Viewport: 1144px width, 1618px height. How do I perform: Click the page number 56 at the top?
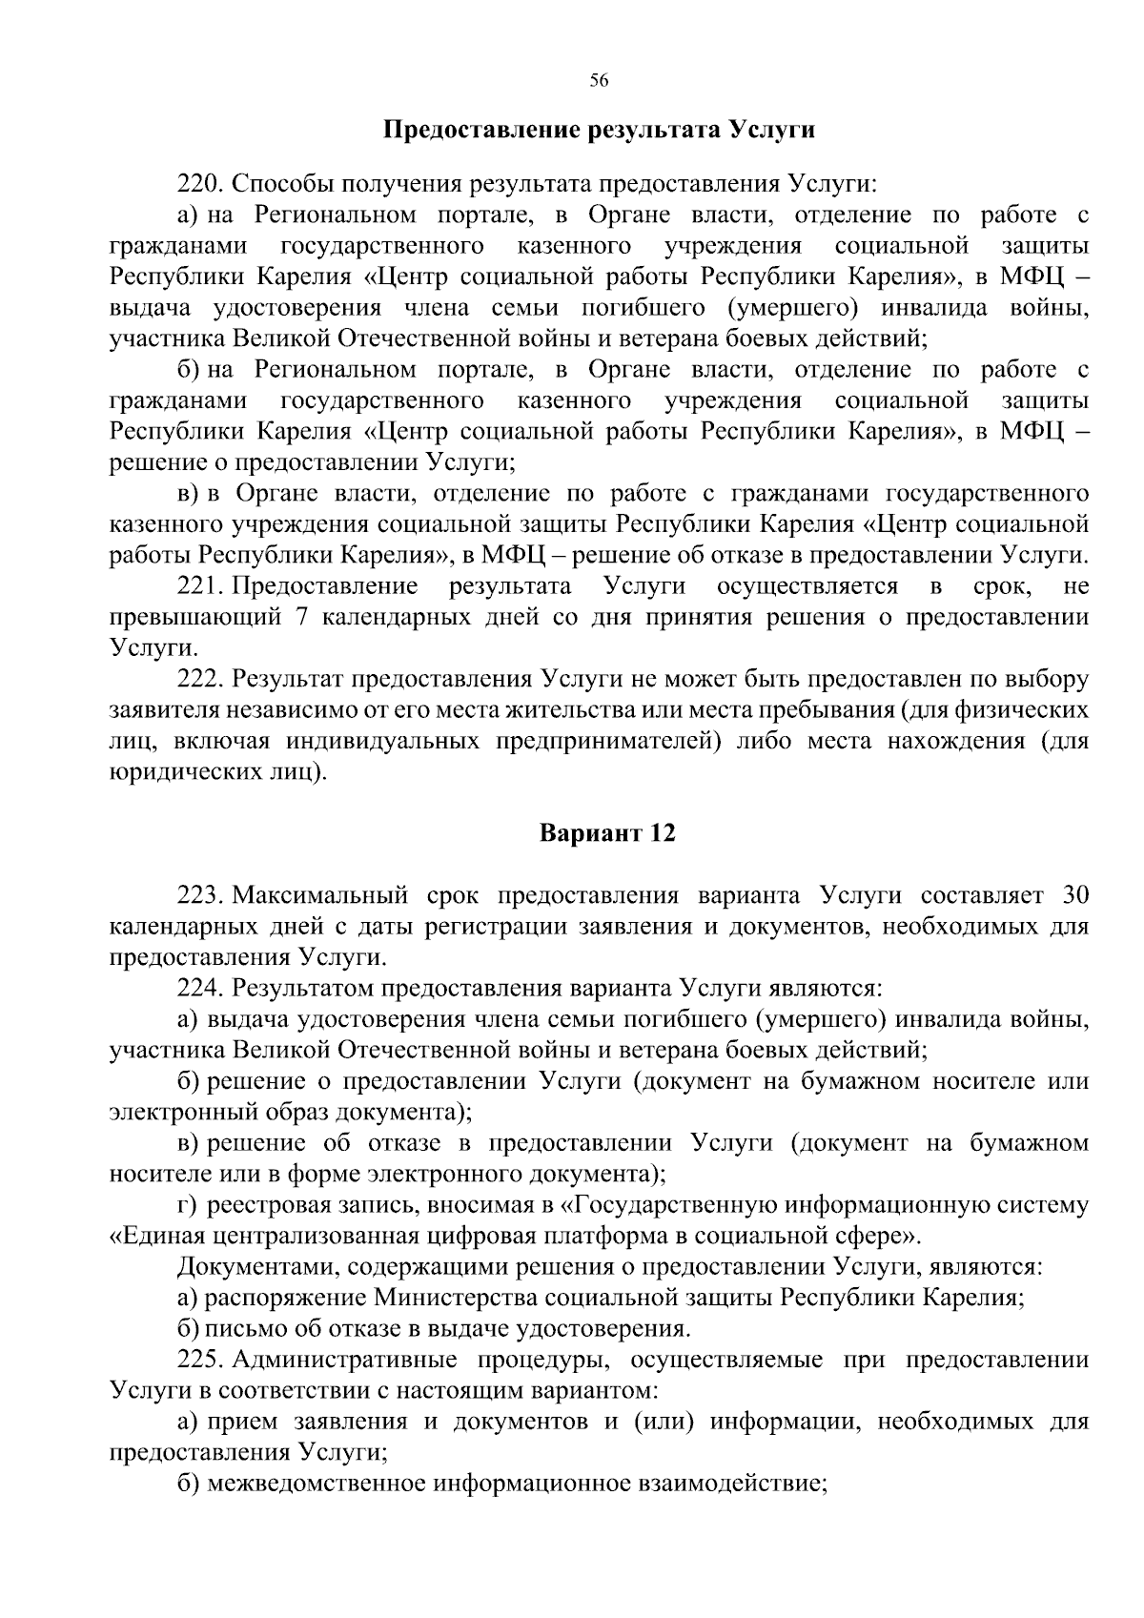click(x=599, y=80)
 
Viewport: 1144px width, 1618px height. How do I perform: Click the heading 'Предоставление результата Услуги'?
click(x=599, y=130)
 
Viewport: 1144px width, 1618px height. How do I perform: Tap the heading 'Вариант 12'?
click(x=607, y=833)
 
